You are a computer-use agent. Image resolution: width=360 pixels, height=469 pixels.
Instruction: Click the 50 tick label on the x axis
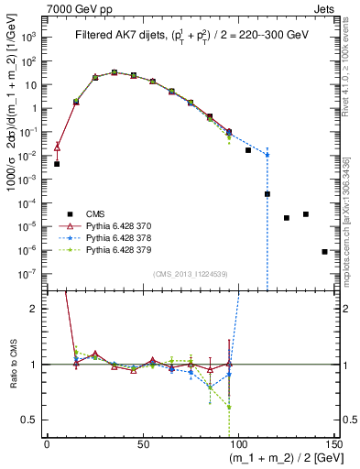tap(142, 442)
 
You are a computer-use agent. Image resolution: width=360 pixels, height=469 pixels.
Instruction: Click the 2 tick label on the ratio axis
tap(34, 309)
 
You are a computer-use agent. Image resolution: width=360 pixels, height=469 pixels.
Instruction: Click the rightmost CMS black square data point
tap(324, 251)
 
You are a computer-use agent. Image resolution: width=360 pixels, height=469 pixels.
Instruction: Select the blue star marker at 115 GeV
tap(267, 155)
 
